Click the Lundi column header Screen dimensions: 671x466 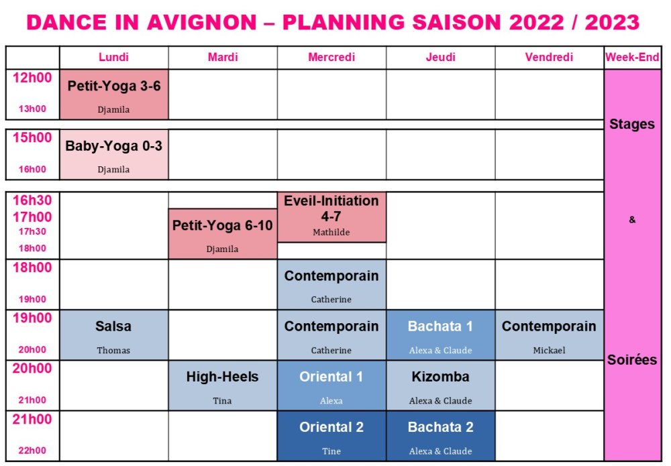(113, 57)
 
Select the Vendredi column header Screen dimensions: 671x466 (549, 57)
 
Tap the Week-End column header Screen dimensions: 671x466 (632, 57)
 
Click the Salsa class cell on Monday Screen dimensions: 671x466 (114, 335)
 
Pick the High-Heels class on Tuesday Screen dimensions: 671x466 (223, 386)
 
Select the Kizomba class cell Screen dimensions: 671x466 (440, 386)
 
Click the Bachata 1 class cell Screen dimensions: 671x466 (440, 335)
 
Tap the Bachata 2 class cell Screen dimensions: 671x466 (440, 436)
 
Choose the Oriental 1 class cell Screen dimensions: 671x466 (331, 386)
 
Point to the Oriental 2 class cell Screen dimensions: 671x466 (331, 436)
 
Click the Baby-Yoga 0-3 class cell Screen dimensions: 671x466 (114, 154)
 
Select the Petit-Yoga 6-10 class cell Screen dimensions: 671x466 (223, 234)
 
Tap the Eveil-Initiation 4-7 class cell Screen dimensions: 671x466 (331, 217)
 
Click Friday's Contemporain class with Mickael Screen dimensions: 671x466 (549, 335)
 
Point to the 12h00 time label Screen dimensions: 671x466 (32, 78)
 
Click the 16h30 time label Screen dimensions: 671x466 (32, 200)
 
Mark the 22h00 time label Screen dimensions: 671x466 (32, 451)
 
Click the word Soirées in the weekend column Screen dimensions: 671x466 (632, 360)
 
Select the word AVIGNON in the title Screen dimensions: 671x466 (201, 22)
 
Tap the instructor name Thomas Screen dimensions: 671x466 (113, 350)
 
